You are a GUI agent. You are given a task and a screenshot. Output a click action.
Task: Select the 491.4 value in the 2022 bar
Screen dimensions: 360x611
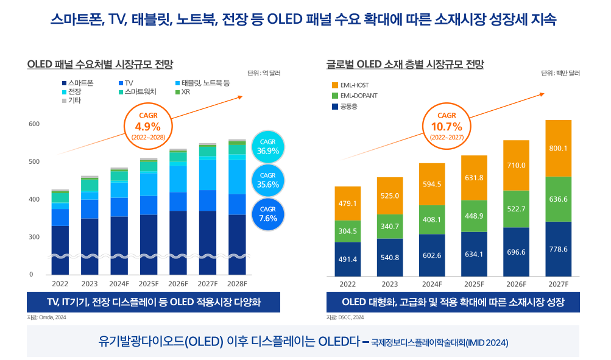coord(347,259)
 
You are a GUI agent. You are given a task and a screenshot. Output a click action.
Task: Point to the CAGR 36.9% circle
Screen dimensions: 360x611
coord(268,147)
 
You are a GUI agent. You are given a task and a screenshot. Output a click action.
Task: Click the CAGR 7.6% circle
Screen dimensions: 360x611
coord(268,214)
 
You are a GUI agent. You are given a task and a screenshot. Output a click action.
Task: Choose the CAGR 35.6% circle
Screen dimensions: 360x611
coord(268,180)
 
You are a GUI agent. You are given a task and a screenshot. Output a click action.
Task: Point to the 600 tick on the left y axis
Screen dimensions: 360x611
coord(34,124)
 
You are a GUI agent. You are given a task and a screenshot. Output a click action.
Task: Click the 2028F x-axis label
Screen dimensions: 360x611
coord(237,284)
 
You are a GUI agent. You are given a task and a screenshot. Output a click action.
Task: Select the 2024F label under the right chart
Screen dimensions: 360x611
coord(431,284)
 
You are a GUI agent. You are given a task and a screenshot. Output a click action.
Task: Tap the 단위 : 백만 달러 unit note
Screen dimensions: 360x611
coord(560,73)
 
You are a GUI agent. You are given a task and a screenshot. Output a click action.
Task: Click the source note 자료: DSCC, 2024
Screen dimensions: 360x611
coord(345,317)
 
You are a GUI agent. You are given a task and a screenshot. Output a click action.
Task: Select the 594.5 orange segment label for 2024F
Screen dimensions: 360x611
coord(431,184)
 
